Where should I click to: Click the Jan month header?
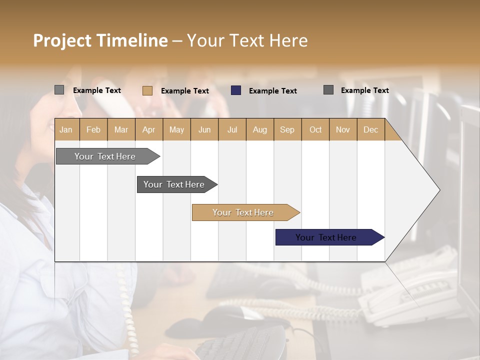pyautogui.click(x=66, y=129)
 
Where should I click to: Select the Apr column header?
pyautogui.click(x=148, y=129)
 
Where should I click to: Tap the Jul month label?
pyautogui.click(x=232, y=129)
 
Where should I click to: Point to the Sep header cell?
pyautogui.click(x=287, y=129)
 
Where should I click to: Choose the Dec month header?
pyautogui.click(x=370, y=129)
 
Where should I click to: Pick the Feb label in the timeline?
pyautogui.click(x=93, y=129)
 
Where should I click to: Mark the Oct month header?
pyautogui.click(x=315, y=129)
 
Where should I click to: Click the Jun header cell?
pyautogui.click(x=204, y=129)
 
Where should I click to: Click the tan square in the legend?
pyautogui.click(x=147, y=90)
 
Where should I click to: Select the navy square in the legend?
pyautogui.click(x=236, y=90)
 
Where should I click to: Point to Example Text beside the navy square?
pyautogui.click(x=273, y=91)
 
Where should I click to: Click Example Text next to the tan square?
pyautogui.click(x=185, y=91)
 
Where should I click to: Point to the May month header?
pyautogui.click(x=176, y=129)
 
